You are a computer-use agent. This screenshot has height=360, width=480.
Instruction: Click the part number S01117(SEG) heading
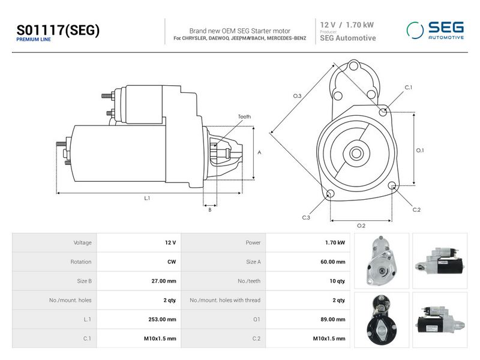point(58,30)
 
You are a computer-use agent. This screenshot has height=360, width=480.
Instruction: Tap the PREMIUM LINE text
point(34,40)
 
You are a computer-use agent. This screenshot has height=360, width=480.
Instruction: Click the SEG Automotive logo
point(435,31)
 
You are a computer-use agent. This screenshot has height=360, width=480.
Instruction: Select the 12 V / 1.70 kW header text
point(347,25)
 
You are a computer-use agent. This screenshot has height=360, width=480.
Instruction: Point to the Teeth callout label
point(244,116)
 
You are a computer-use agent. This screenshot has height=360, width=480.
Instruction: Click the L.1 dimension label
point(147,199)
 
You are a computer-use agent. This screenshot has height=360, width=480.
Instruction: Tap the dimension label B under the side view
point(209,210)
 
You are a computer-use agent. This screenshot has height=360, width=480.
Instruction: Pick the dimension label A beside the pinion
point(259,152)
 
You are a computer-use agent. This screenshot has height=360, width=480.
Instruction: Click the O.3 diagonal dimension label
point(297,96)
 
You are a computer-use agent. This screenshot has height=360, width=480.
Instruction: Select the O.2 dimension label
point(361,226)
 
